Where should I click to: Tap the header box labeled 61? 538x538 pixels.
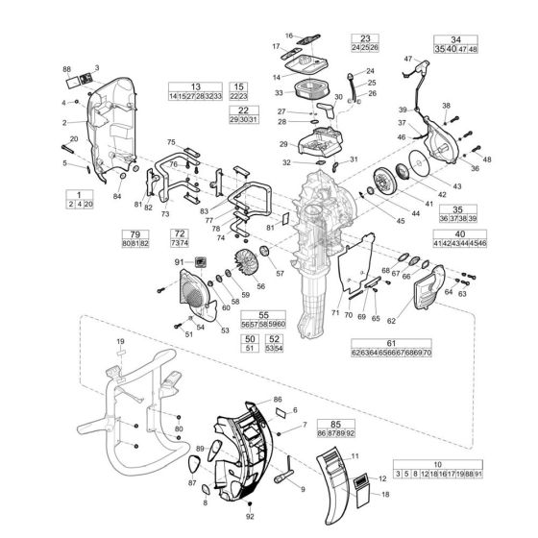(391, 343)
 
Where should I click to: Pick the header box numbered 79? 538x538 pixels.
(135, 233)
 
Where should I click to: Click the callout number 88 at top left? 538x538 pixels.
(67, 70)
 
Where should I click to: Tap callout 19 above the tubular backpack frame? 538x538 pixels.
(121, 342)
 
